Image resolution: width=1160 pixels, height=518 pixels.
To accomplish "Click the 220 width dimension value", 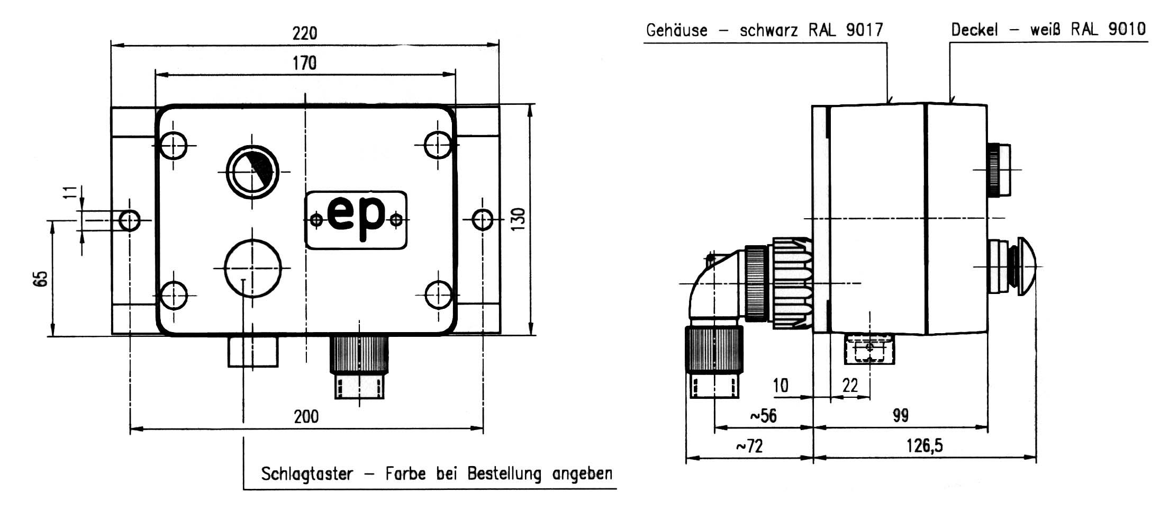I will pyautogui.click(x=305, y=33).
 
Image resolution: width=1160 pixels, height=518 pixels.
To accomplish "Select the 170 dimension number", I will pyautogui.click(x=304, y=63).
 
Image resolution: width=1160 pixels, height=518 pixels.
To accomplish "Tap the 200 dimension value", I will pyautogui.click(x=306, y=416).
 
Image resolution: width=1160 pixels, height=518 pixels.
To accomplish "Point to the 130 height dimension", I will pyautogui.click(x=519, y=218).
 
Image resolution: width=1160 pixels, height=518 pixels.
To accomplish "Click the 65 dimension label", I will pyautogui.click(x=41, y=279).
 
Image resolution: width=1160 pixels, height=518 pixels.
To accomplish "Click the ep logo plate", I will pyautogui.click(x=356, y=219).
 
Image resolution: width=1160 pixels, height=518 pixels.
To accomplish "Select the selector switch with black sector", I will pyautogui.click(x=252, y=172).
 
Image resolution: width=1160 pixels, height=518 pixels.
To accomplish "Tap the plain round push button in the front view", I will pyautogui.click(x=252, y=268).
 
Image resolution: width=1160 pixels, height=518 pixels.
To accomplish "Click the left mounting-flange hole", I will pyautogui.click(x=130, y=220).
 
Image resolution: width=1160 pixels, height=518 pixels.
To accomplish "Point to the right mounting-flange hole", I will pyautogui.click(x=482, y=219).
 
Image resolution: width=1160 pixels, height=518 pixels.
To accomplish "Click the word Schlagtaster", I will pyautogui.click(x=307, y=473).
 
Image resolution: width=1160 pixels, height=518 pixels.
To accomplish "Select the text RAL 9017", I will pyautogui.click(x=846, y=30).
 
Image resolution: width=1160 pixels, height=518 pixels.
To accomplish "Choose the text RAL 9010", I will pyautogui.click(x=1108, y=29).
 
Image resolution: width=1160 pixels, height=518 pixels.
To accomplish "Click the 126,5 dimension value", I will pyautogui.click(x=925, y=445).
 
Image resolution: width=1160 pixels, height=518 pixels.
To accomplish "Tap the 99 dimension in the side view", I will pyautogui.click(x=901, y=415).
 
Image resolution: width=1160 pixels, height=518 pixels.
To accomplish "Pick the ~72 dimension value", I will pyautogui.click(x=749, y=446).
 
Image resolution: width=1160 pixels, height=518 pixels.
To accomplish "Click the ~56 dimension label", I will pyautogui.click(x=763, y=416).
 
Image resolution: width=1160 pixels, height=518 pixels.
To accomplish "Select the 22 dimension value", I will pyautogui.click(x=850, y=385).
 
